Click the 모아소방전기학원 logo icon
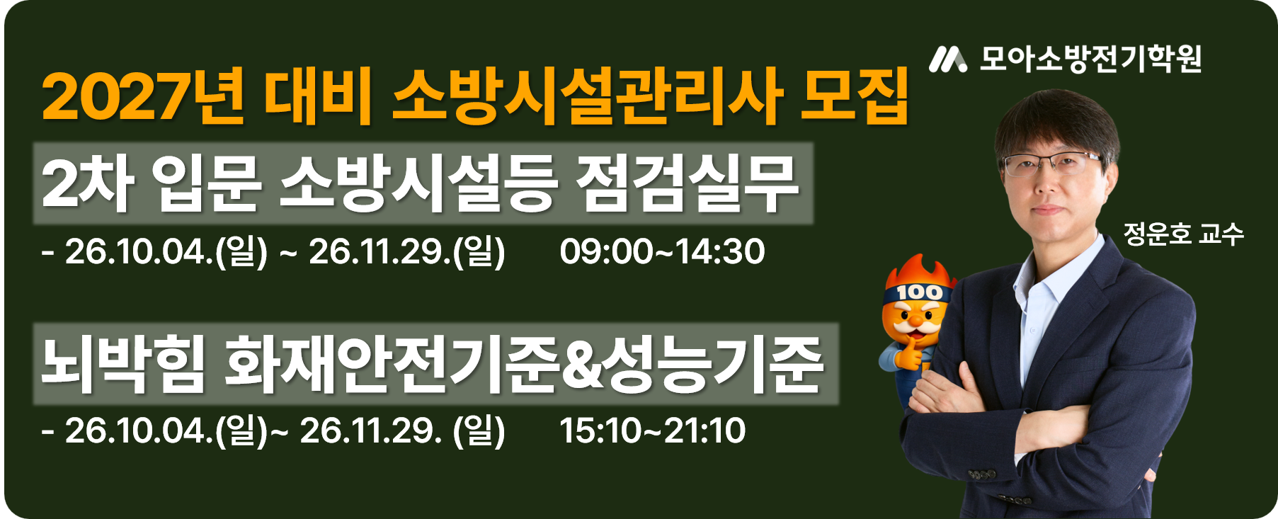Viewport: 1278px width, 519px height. pos(947,59)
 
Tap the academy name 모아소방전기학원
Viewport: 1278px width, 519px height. pos(1090,59)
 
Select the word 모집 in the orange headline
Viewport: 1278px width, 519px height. pos(854,97)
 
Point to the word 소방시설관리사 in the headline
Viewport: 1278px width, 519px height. pos(588,97)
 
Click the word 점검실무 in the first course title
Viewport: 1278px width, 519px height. pos(687,183)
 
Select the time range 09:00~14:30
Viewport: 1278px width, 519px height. pos(662,251)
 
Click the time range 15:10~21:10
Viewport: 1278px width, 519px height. pos(652,430)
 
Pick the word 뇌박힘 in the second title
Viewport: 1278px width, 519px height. pos(122,364)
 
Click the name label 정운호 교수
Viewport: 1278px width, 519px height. pos(1183,234)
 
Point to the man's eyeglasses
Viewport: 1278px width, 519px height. pos(1053,164)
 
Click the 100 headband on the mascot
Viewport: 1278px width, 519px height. pos(918,292)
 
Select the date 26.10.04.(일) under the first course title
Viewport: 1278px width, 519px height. pos(166,252)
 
